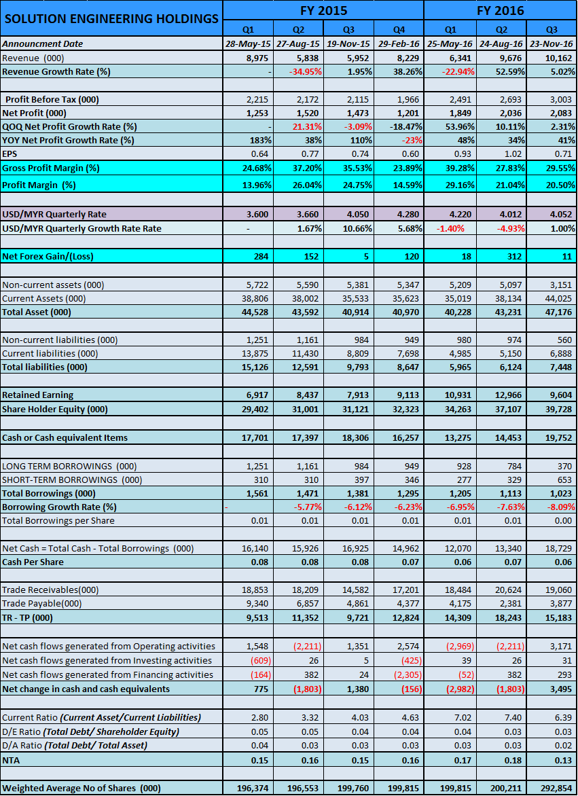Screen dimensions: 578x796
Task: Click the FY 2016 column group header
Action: (x=500, y=10)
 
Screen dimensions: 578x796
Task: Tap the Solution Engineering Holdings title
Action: (x=111, y=19)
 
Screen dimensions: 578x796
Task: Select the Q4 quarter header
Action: (x=399, y=29)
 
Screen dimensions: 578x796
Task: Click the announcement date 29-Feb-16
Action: (x=399, y=43)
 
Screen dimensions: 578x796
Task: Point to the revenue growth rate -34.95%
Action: (x=306, y=71)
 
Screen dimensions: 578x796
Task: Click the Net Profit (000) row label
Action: (x=34, y=113)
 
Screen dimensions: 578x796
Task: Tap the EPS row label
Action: (x=10, y=153)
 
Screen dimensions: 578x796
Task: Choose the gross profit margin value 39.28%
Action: (x=458, y=168)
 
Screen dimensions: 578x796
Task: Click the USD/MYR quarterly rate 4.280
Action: (x=408, y=214)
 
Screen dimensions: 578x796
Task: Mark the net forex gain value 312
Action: (x=514, y=256)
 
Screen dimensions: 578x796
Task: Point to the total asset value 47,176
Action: (x=559, y=312)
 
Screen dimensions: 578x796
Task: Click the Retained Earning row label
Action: (x=37, y=395)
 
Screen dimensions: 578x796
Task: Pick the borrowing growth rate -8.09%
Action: (x=559, y=507)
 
